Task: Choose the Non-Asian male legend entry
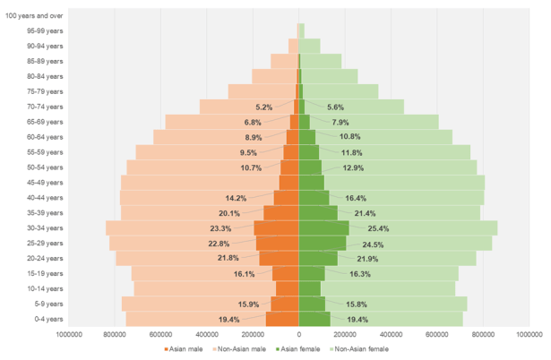[x=239, y=348]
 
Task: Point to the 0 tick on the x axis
[x=298, y=335]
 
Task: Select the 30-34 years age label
[x=46, y=227]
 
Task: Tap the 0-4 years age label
[x=47, y=319]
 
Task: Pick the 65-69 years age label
[x=46, y=121]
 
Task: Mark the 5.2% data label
[x=263, y=107]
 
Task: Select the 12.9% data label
[x=353, y=167]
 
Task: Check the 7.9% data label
[x=340, y=122]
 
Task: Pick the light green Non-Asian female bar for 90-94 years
[x=310, y=45]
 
